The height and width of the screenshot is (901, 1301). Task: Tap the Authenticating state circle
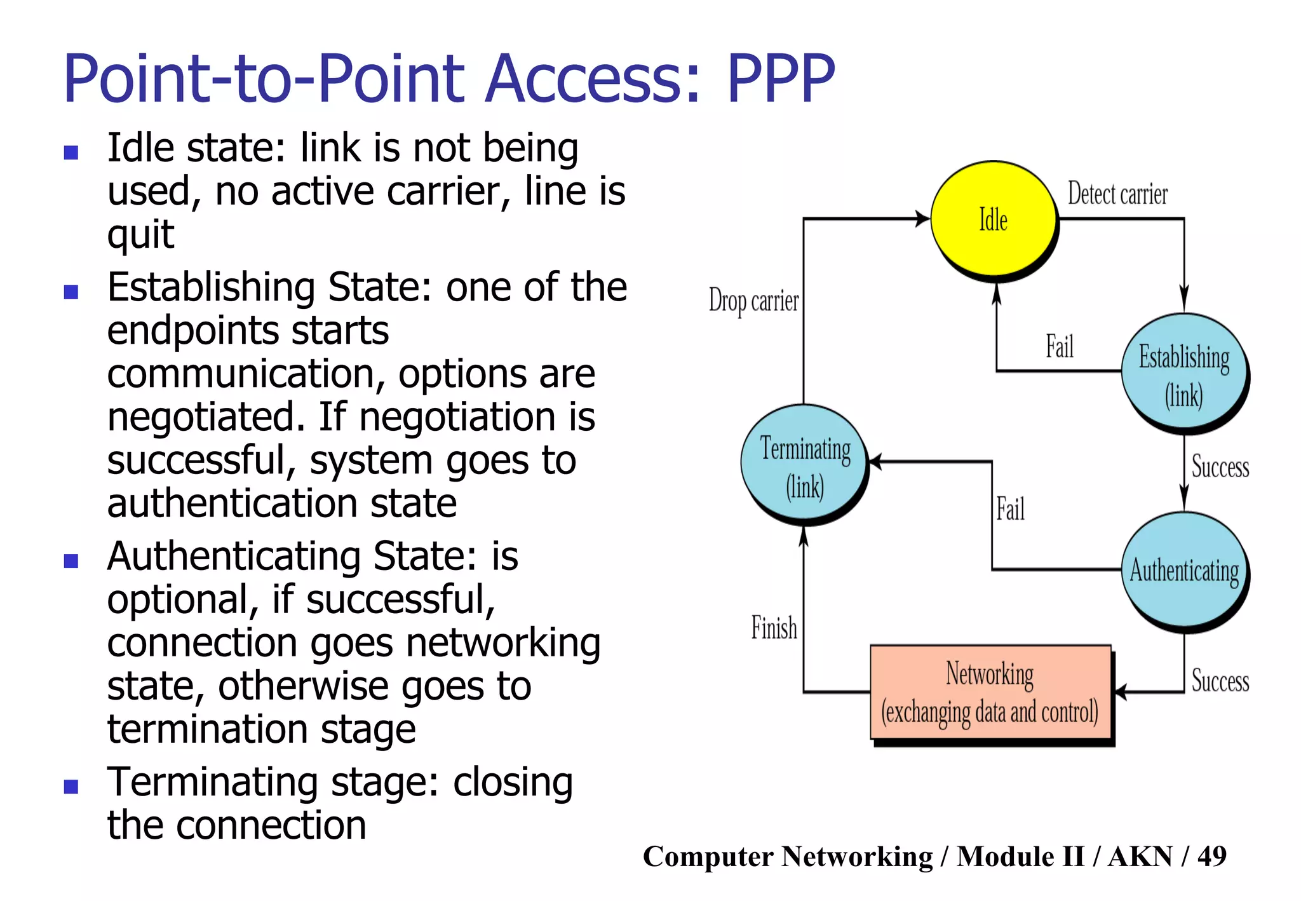1183,570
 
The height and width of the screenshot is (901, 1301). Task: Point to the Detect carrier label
1117,194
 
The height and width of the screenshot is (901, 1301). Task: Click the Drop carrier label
753,301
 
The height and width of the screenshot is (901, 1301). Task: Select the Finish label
774,628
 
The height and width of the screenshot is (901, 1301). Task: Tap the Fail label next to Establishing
1060,347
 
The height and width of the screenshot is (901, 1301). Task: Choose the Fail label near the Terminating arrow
1010,509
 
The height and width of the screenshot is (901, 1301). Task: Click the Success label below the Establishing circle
1220,467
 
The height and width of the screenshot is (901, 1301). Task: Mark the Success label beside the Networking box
1220,681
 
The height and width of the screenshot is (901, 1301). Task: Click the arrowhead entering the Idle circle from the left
923,219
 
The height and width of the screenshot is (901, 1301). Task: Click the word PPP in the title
780,79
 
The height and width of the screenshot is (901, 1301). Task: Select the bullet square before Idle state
71,152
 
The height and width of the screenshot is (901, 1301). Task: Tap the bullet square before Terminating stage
71,787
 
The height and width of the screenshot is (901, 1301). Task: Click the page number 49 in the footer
1211,857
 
